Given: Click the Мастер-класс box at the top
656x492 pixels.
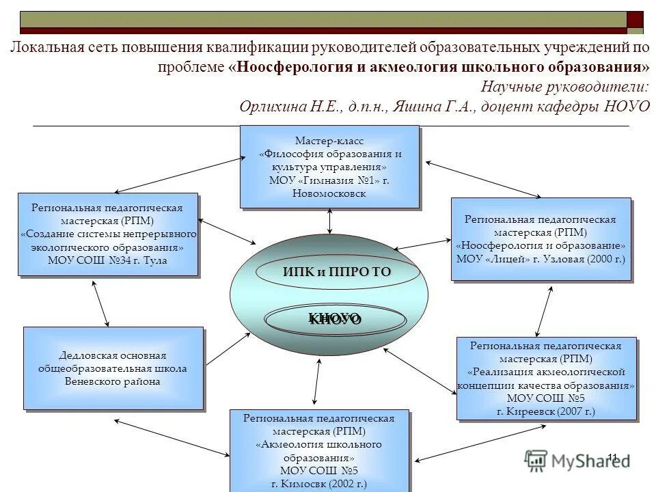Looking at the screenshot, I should [329, 166].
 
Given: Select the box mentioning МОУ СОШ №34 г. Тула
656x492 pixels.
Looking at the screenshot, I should [108, 234].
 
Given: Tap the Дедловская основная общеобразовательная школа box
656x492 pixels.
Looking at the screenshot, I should [113, 368].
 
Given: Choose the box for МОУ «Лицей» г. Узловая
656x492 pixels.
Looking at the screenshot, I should [540, 238].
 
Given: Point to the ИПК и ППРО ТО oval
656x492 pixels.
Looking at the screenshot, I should [336, 272].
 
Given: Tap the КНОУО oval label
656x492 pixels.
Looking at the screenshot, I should [335, 319].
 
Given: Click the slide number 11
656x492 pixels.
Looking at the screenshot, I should [612, 457].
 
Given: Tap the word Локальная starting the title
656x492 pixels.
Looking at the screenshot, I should [46, 49].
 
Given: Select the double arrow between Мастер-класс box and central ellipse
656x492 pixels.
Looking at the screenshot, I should [329, 221].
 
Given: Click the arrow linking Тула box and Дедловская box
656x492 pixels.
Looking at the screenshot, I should [100, 303].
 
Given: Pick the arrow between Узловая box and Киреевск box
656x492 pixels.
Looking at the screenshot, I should [544, 310].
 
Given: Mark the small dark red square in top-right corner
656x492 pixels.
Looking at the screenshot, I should [635, 19].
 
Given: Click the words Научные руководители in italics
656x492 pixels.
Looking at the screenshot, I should [564, 87].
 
